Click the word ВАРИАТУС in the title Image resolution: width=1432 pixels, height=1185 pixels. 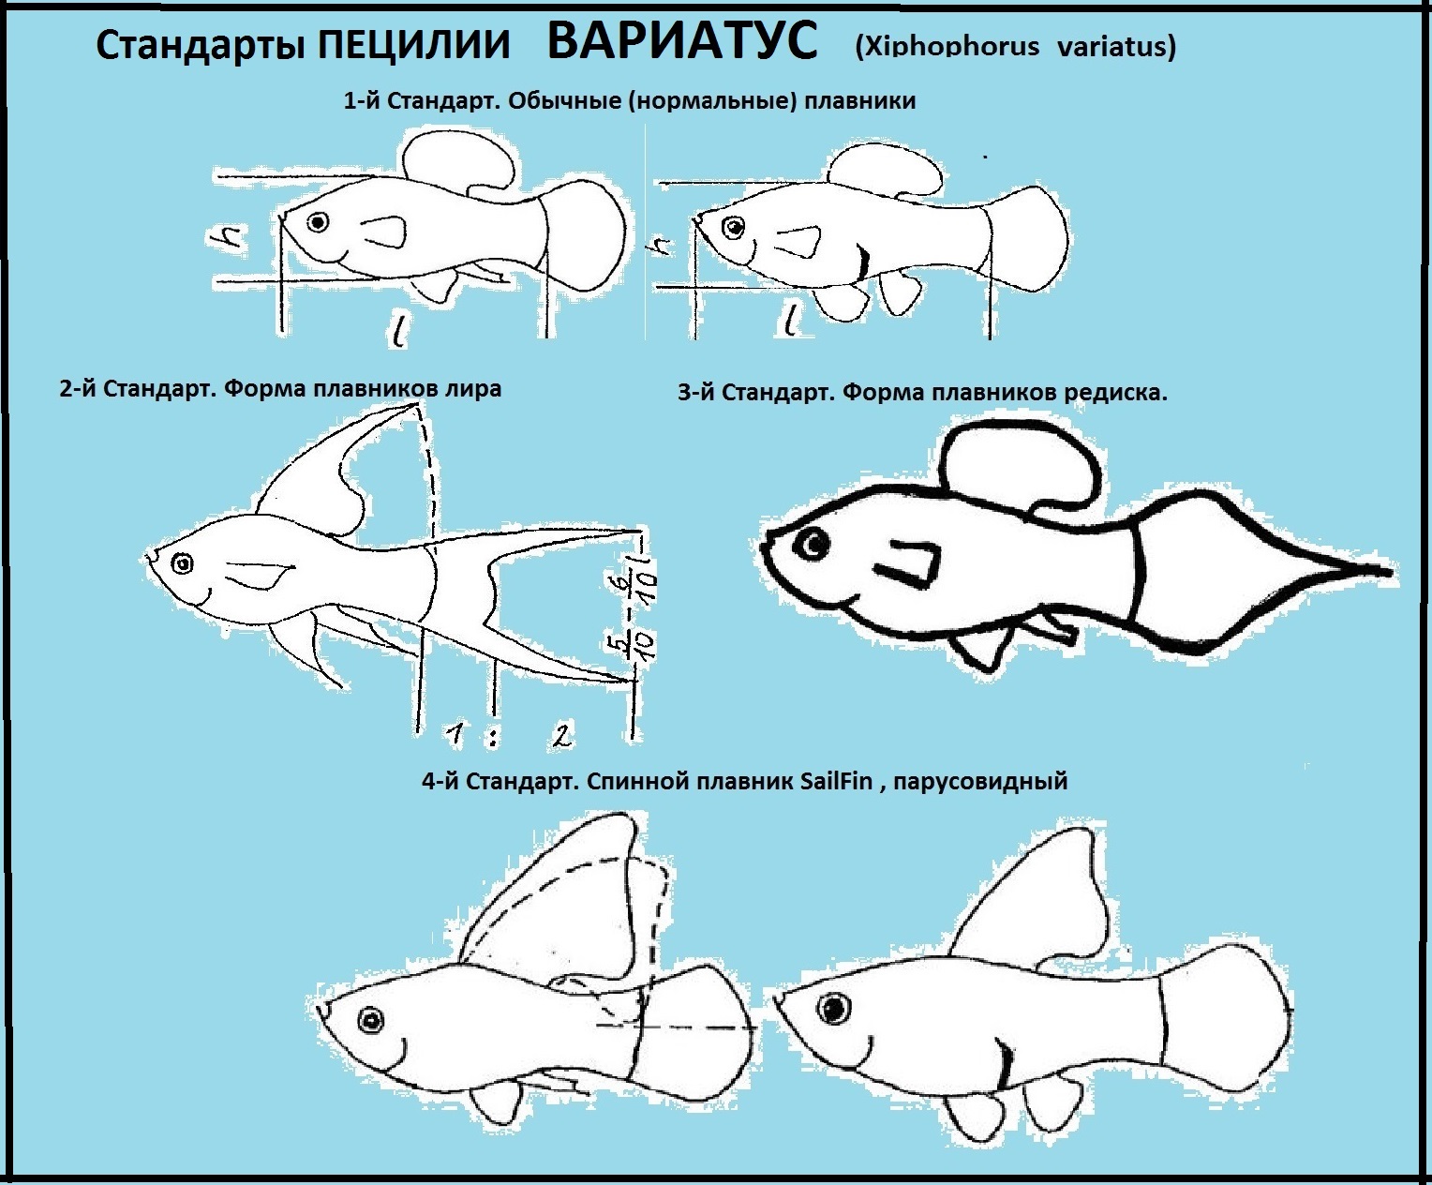682,40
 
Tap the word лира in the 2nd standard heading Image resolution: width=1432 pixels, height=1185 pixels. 471,389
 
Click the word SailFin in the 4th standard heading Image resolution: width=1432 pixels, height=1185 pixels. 836,782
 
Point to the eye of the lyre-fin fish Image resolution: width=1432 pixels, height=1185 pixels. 183,564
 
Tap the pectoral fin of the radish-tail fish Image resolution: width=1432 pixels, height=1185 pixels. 905,563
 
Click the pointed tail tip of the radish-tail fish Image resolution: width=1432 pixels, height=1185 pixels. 1390,572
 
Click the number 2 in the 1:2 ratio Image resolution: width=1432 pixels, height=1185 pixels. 561,736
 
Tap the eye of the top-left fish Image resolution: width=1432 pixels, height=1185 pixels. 318,222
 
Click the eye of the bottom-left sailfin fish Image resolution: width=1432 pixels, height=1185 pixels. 370,1020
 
